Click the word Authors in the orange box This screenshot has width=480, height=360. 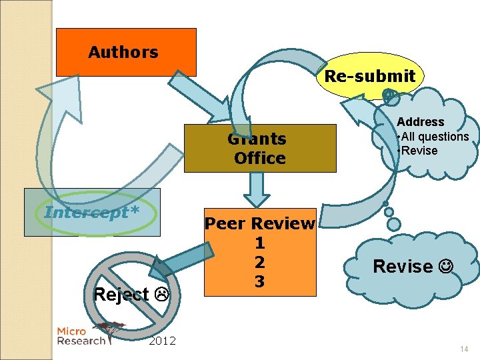pos(123,52)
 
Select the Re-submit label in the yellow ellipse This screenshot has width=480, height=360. pos(369,76)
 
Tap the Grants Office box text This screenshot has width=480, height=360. pos(259,149)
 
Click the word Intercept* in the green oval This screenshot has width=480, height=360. pos(92,212)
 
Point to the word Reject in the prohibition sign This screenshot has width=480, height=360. pos(121,294)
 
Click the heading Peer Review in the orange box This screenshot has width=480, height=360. pos(259,223)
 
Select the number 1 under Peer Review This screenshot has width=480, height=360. pos(259,243)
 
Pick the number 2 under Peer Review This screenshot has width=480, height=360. pos(259,262)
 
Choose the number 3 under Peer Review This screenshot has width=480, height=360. pos(259,282)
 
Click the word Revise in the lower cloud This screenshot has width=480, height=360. pos(403,267)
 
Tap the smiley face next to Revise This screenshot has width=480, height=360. pos(447,267)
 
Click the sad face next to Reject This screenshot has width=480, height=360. pos(160,294)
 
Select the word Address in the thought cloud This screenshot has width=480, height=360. pos(420,122)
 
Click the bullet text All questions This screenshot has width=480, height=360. pos(435,137)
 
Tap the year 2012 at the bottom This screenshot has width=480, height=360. pos(162,341)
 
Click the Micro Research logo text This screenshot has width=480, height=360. pos(81,336)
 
